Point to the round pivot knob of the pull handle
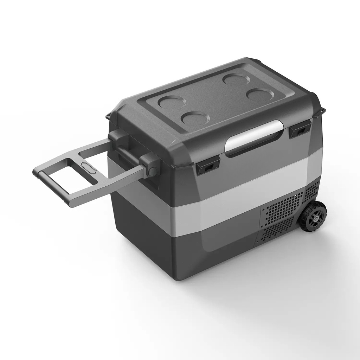[153, 172]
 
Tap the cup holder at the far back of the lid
[236, 79]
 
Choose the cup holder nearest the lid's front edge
[196, 118]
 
